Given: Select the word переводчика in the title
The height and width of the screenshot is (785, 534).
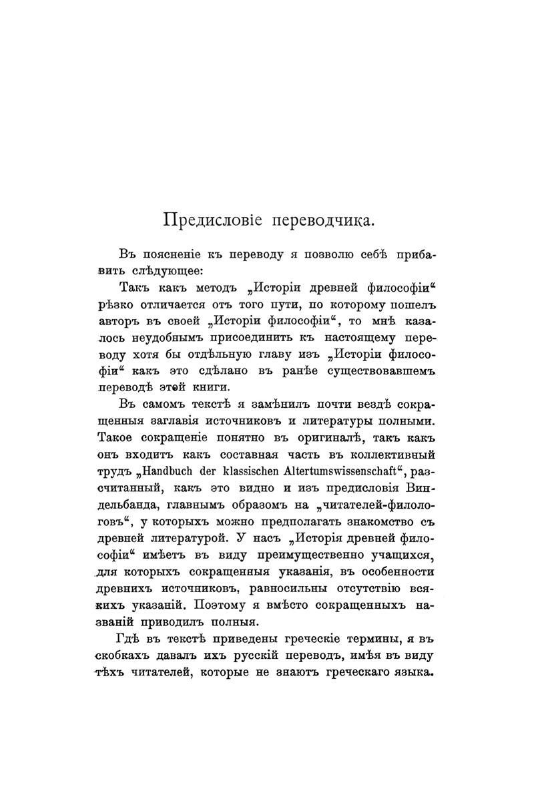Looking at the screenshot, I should pyautogui.click(x=315, y=219).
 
